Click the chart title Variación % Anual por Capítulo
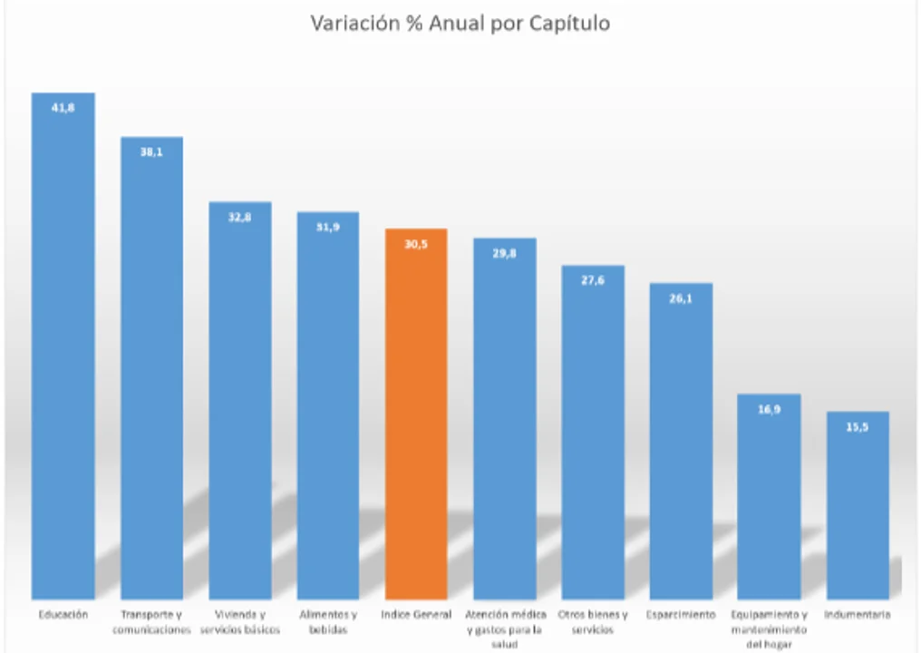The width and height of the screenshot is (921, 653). tap(460, 24)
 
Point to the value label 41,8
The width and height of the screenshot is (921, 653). tap(63, 108)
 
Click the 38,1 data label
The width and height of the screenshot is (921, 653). tap(152, 152)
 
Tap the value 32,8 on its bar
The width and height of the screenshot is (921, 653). tap(240, 218)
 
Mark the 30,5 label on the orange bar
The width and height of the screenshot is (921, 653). tap(416, 244)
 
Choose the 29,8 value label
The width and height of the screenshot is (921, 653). tap(504, 254)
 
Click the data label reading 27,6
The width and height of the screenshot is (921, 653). tap(593, 281)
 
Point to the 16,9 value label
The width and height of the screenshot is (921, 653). tap(769, 409)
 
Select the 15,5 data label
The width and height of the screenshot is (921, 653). tap(857, 427)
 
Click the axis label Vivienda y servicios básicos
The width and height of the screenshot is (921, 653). tap(240, 622)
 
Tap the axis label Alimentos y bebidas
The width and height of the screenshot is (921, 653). tap(328, 622)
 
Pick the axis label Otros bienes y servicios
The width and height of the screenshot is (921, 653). tap(593, 622)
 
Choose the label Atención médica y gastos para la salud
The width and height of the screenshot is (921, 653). tap(505, 629)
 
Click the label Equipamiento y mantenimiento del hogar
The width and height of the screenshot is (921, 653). tap(769, 629)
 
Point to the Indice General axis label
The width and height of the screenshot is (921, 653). tap(416, 615)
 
